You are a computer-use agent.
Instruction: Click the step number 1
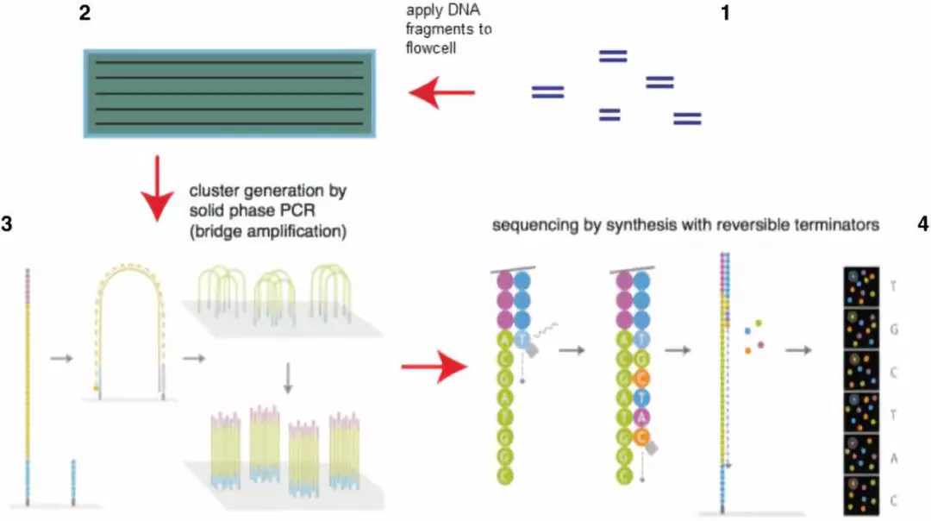pos(725,14)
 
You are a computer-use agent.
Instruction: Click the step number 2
pos(84,15)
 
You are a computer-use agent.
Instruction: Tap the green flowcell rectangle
pos(228,92)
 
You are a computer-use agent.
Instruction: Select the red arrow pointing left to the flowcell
pos(441,92)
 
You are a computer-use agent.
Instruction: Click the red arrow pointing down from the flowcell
pos(157,188)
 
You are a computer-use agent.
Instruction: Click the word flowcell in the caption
pos(431,48)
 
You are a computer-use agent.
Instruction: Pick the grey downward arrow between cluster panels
pos(289,378)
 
